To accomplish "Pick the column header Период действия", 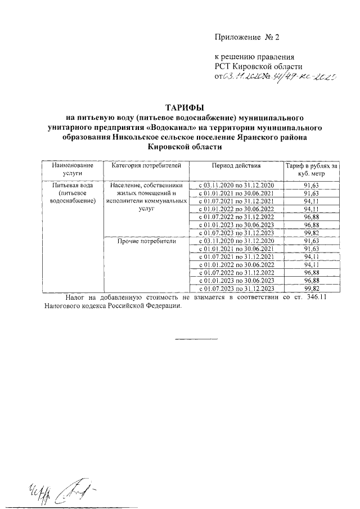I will tap(236, 166).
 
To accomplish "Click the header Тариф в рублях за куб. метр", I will tap(311, 170).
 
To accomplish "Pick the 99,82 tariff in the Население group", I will tap(311, 232).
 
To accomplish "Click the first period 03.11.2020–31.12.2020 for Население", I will tap(236, 185).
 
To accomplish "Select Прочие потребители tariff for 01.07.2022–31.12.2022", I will tap(311, 272).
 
